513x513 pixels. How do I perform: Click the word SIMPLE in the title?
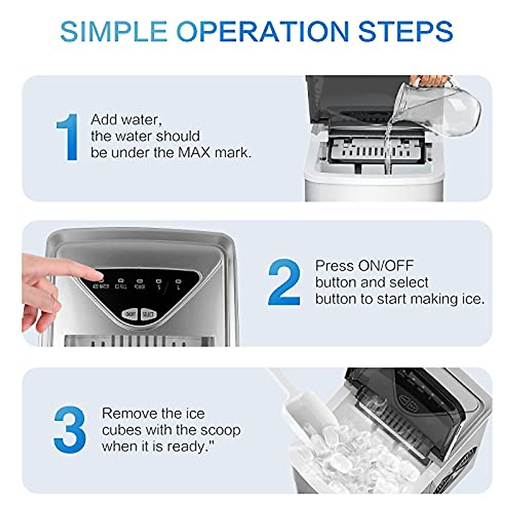[114, 31]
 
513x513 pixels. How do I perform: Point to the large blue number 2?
[284, 282]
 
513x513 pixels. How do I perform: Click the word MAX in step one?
[192, 153]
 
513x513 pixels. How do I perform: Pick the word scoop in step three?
[219, 430]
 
